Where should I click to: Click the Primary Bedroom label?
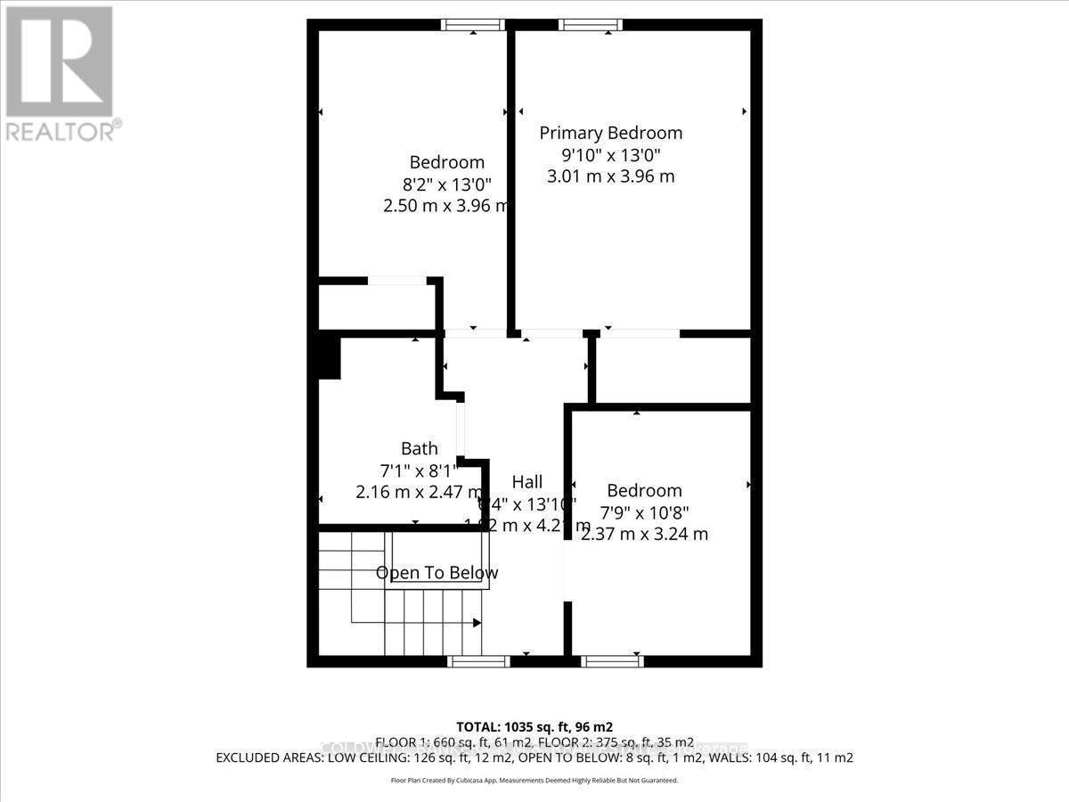click(x=611, y=133)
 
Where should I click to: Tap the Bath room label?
click(x=419, y=448)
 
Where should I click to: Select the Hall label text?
click(x=526, y=482)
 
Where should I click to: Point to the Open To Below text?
click(x=437, y=573)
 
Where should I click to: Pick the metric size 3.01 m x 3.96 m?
click(x=610, y=176)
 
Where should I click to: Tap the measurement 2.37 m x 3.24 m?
click(x=644, y=534)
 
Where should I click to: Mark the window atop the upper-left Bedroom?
click(x=473, y=25)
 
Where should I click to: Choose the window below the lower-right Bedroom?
click(x=611, y=661)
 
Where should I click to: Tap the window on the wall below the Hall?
click(x=478, y=661)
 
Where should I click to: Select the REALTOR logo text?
click(x=61, y=131)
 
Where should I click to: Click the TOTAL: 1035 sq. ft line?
click(x=534, y=726)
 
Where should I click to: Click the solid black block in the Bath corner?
click(x=329, y=356)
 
